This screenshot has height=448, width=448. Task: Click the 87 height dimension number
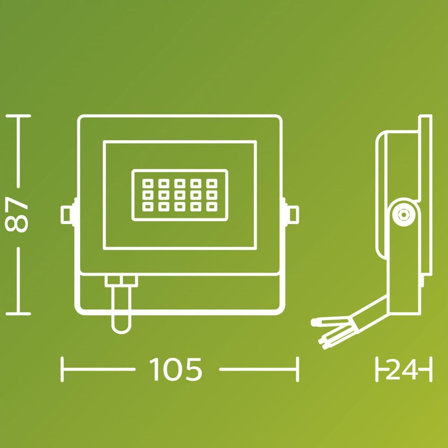(16, 214)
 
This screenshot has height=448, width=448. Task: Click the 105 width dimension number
(176, 369)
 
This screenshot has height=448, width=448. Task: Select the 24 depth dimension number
(402, 370)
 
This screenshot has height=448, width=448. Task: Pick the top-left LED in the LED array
(148, 183)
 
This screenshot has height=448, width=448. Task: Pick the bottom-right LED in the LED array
(212, 207)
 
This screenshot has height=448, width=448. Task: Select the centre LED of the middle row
(180, 195)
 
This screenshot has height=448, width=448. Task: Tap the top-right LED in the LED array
(212, 183)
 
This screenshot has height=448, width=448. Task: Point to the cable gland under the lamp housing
(121, 281)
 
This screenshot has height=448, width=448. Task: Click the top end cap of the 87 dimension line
(18, 116)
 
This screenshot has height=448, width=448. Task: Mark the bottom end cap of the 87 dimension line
(18, 314)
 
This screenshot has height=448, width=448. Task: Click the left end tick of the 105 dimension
(62, 369)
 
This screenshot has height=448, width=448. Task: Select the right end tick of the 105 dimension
(297, 369)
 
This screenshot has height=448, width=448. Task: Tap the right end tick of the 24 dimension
(431, 369)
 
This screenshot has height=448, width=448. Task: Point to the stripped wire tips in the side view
(323, 334)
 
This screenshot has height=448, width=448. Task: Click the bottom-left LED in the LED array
(148, 207)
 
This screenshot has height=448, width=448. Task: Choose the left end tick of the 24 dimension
(377, 369)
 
